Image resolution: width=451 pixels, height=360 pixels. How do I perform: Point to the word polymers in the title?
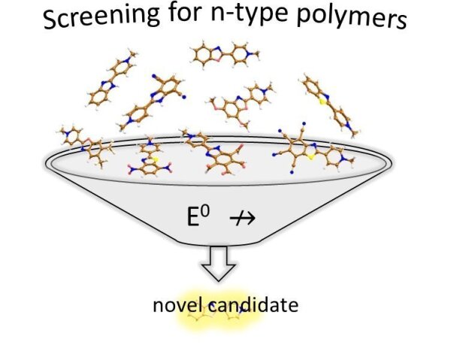coord(352,17)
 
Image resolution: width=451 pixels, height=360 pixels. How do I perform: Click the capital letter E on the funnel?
coord(192,217)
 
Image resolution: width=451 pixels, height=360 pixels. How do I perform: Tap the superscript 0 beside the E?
coord(205,213)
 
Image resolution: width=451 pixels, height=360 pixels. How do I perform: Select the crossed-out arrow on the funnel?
coord(243,218)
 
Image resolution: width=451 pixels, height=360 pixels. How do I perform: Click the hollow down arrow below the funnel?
coord(219,264)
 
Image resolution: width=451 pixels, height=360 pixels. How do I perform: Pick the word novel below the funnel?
coord(177,305)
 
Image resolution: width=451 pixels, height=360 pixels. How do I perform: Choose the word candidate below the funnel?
coord(253,305)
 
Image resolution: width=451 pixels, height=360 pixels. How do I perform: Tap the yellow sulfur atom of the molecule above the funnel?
coord(324,101)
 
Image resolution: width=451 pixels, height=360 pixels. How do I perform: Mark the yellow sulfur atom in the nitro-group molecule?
coord(155,159)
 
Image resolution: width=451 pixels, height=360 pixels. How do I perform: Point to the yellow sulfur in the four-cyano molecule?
coord(310,156)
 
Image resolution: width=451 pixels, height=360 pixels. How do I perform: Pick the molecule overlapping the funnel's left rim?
coord(86,146)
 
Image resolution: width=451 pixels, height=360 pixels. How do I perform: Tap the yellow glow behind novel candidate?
coord(219,311)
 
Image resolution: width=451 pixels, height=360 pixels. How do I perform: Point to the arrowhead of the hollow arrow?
coord(219,272)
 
